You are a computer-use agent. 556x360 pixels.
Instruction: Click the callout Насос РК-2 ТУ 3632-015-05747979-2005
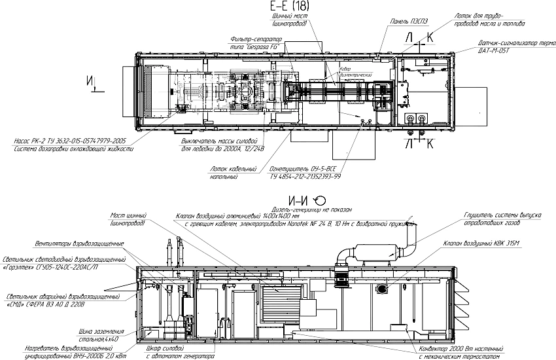pos(69,141)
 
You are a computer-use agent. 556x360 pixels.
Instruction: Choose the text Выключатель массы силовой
pos(217,141)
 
